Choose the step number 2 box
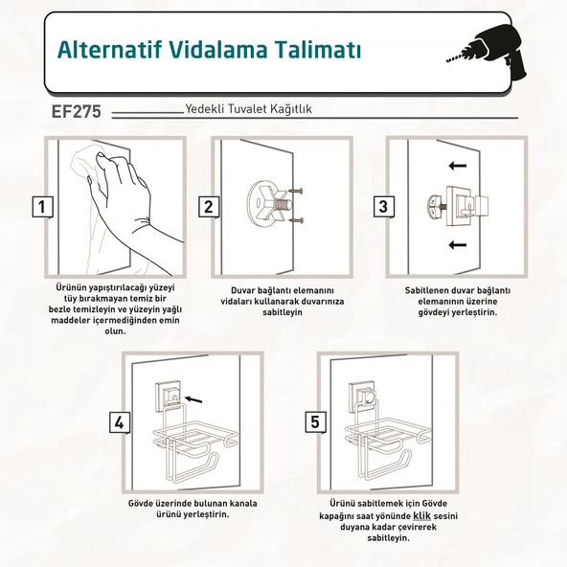click(207, 206)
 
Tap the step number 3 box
click(382, 206)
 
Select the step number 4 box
click(119, 422)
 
